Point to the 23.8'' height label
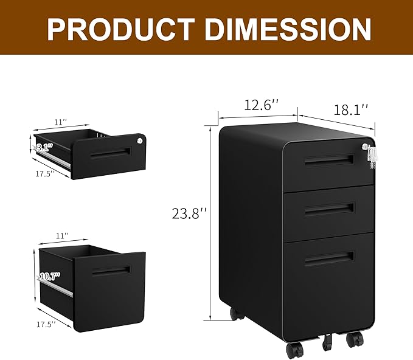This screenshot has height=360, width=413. pyautogui.click(x=190, y=214)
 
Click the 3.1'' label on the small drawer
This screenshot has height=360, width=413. pyautogui.click(x=44, y=147)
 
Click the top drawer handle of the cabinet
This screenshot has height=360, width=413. pyautogui.click(x=328, y=160)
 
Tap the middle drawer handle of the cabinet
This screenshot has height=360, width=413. pyautogui.click(x=328, y=209)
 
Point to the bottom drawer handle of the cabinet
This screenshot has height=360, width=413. pyautogui.click(x=328, y=258)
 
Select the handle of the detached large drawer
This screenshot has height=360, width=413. pyautogui.click(x=111, y=271)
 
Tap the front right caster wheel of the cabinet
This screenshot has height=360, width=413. pyautogui.click(x=355, y=339)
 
